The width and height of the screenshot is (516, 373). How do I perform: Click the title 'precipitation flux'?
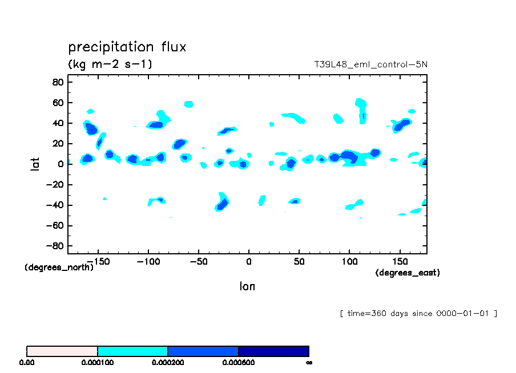(x=127, y=47)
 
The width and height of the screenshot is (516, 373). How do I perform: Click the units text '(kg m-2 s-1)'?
(x=110, y=64)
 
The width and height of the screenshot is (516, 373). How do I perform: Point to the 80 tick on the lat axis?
(x=57, y=82)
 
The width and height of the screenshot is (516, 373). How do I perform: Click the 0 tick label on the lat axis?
(x=59, y=164)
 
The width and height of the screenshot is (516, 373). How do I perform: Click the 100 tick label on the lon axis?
(x=349, y=261)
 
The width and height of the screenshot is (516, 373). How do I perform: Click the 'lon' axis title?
(x=247, y=286)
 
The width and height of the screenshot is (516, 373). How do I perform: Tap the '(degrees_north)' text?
(x=59, y=267)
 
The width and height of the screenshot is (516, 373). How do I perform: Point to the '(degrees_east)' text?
(x=407, y=273)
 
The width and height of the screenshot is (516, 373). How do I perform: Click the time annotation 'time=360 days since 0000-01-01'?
(x=418, y=313)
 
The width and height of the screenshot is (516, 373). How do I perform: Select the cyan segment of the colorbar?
(x=132, y=351)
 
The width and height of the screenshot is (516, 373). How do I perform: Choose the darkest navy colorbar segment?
(x=273, y=351)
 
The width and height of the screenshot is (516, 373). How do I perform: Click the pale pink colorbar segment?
(x=62, y=351)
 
